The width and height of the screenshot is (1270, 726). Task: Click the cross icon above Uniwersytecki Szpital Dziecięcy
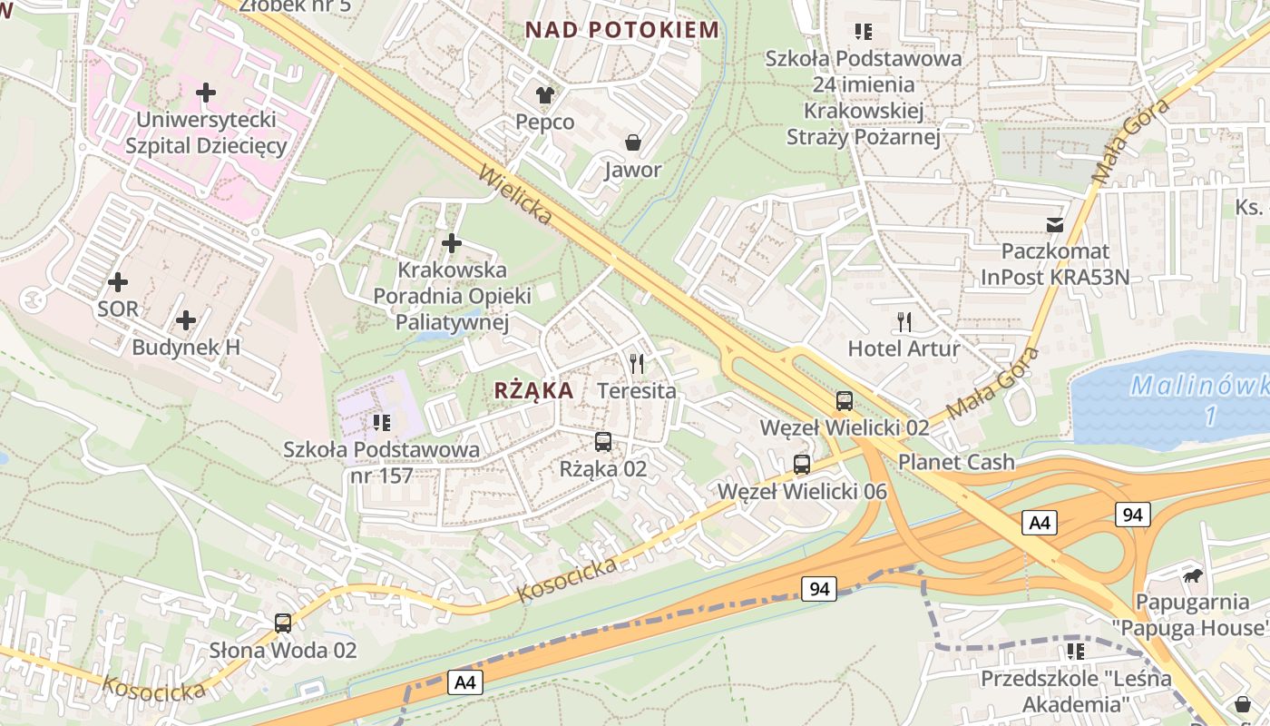coord(206,92)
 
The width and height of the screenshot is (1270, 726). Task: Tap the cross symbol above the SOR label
coord(118,281)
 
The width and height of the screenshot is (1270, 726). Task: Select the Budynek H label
coord(186,347)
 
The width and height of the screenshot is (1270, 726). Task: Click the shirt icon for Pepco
coord(544,94)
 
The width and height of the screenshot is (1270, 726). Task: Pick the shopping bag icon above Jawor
coord(632,142)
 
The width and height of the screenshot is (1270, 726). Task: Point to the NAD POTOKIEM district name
coord(622,30)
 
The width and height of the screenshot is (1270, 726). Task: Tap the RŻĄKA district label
coord(533,390)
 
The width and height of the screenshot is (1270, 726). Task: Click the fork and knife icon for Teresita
coord(637,364)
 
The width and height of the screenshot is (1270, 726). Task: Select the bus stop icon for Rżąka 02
coord(603,442)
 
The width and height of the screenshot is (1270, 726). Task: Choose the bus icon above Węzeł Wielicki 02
coord(845,400)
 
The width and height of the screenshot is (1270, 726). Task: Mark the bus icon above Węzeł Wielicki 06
coord(802,465)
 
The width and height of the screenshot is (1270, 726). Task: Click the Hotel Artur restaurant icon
coord(904,321)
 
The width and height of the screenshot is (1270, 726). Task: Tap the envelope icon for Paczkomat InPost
coord(1055,224)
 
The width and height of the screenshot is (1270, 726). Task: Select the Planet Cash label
coord(956,462)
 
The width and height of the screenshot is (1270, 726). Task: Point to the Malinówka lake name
coord(1197,388)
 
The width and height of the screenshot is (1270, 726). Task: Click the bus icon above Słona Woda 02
coord(283,623)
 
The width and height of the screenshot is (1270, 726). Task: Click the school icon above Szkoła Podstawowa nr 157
coord(381,423)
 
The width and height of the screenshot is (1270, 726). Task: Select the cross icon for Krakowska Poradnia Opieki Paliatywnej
coord(452,243)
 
